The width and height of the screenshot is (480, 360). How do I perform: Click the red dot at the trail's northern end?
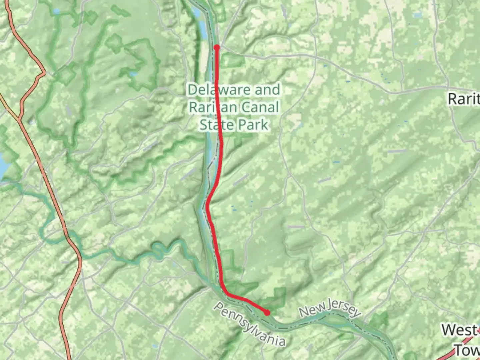217,47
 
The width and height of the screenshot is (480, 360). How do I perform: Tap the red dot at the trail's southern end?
267,313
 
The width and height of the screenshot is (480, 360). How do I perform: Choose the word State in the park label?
215,125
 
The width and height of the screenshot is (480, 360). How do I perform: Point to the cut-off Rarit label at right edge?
463,99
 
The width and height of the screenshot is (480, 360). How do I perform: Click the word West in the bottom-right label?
459,330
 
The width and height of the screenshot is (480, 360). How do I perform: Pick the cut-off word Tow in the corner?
467,350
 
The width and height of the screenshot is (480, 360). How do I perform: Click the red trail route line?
219,167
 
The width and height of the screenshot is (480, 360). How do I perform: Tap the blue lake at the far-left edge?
3,167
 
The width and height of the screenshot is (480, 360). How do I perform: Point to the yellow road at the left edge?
8,107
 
